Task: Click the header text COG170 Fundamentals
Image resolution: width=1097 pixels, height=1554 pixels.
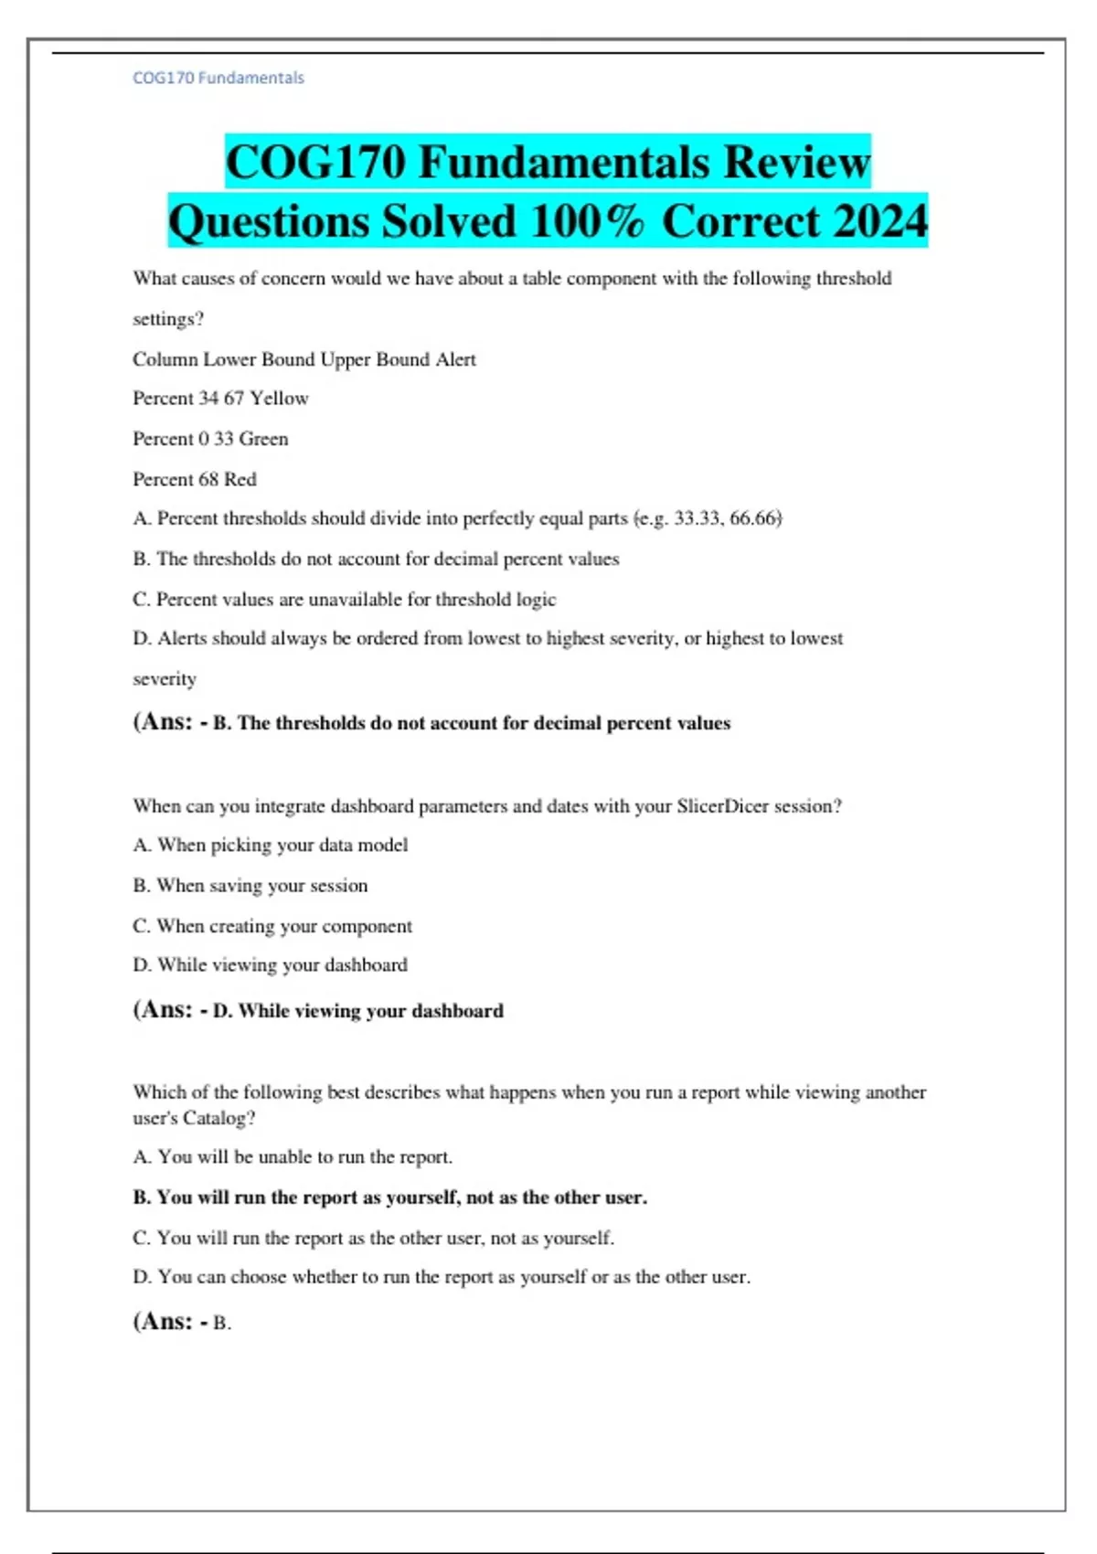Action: click(218, 78)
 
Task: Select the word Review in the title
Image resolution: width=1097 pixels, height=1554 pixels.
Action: click(796, 163)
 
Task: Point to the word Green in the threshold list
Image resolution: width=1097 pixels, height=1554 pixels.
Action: click(263, 439)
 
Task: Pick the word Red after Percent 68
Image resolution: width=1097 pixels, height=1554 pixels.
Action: click(240, 479)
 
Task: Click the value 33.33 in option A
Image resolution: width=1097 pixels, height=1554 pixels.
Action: click(697, 518)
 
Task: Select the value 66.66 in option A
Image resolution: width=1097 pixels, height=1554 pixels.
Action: click(753, 518)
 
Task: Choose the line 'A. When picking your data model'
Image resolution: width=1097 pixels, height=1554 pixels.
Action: click(271, 846)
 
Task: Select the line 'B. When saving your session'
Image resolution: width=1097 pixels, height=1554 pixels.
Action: click(250, 886)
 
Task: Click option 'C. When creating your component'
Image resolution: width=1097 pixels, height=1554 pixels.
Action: click(272, 926)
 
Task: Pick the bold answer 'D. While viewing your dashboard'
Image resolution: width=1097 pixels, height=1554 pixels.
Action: click(357, 1011)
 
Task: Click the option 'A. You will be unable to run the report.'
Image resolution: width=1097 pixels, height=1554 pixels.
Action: click(293, 1157)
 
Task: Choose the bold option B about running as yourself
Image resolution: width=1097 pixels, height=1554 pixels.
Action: click(390, 1197)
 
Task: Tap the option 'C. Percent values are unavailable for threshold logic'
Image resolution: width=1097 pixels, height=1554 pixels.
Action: click(345, 600)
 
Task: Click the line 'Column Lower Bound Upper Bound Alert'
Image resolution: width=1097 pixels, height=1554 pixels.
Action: click(304, 359)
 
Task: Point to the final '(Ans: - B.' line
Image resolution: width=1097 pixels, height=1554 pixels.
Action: click(182, 1322)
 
